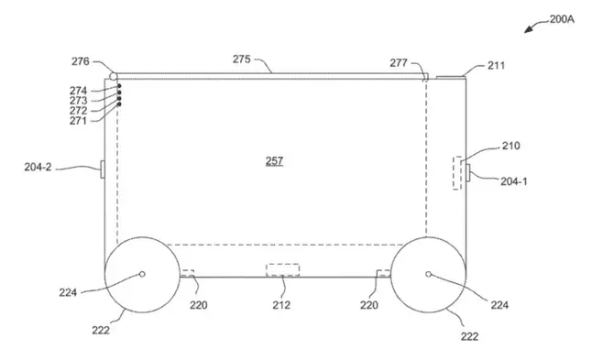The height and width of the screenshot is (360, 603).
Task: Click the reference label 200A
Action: pos(562,19)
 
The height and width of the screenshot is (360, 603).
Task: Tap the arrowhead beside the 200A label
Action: pos(529,29)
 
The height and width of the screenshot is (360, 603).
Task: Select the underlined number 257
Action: pos(274,160)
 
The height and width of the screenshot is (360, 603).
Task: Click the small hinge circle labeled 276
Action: pos(113,76)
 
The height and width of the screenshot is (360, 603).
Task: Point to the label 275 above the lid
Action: pos(242,60)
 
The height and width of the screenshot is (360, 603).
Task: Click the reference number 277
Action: pos(399,62)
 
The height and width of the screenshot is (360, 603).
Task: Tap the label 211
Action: pos(496,66)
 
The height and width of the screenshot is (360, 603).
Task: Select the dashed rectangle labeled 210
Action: pos(457,173)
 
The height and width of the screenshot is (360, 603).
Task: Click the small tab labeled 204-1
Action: pos(468,172)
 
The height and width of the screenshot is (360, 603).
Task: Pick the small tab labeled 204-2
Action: pos(103,169)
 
